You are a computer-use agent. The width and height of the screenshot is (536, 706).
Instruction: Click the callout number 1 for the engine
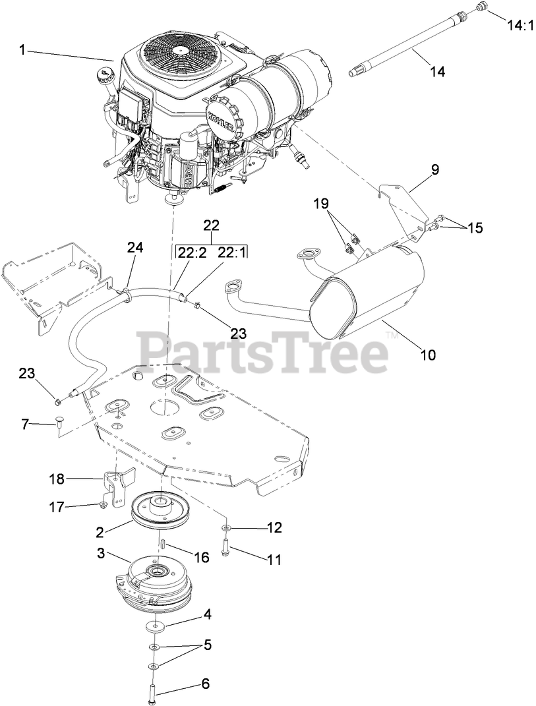click(x=23, y=49)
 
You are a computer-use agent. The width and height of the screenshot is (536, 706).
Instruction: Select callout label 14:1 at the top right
click(x=518, y=26)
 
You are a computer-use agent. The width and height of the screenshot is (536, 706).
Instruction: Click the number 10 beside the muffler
click(x=428, y=355)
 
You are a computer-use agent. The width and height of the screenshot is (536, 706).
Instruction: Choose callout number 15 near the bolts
click(x=475, y=228)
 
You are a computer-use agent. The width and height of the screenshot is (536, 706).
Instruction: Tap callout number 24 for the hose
click(x=134, y=248)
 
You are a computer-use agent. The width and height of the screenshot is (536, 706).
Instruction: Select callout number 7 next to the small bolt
click(x=26, y=425)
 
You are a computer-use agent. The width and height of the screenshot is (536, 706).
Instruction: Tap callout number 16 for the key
click(x=200, y=557)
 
